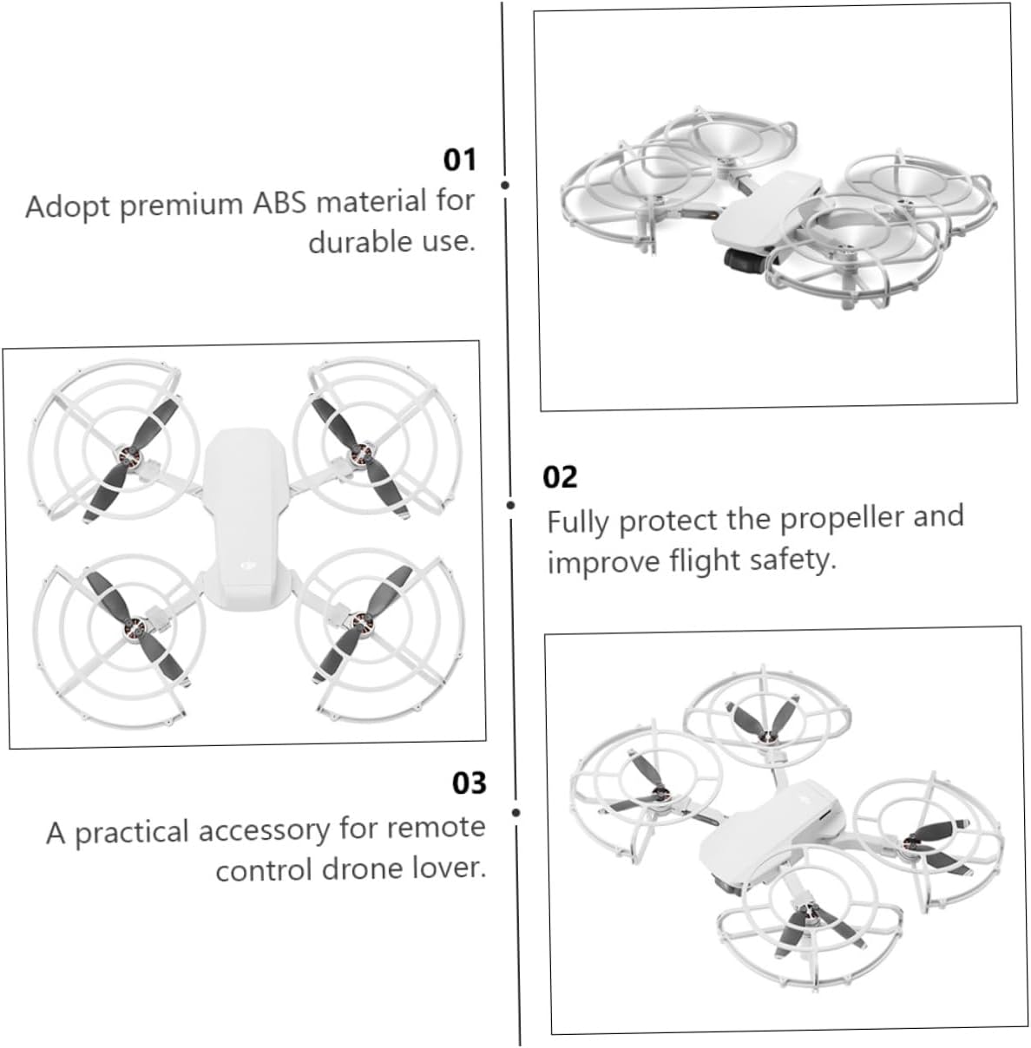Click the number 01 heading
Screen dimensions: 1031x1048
coord(460,160)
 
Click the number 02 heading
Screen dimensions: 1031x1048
coord(560,477)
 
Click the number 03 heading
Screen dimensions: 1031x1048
coord(469,783)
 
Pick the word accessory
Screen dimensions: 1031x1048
coord(264,831)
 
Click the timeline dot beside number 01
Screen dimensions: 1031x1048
coord(505,185)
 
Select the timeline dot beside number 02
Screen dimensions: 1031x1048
coord(510,505)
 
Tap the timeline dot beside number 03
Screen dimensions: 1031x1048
coord(516,813)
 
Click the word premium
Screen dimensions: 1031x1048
coord(181,205)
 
